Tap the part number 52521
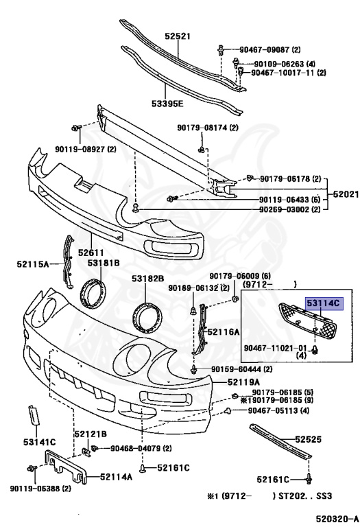(178, 36)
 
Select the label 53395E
(167, 103)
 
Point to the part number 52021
(346, 194)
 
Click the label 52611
(91, 252)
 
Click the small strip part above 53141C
(34, 414)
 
